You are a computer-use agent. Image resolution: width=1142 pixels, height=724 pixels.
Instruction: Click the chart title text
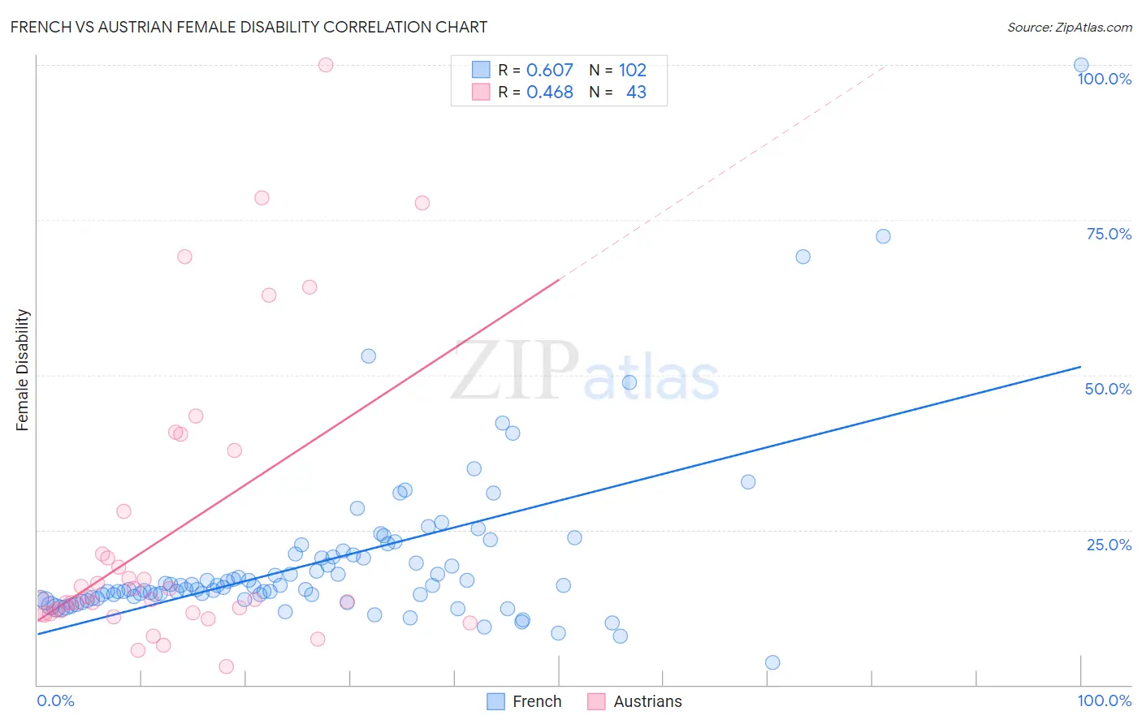[249, 27]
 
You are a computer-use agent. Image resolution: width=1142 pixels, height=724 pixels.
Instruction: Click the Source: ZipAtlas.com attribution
[1069, 27]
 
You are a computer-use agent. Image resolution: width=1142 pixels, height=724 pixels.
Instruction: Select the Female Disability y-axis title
[23, 369]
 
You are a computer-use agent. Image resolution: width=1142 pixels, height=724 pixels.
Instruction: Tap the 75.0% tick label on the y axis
[1109, 234]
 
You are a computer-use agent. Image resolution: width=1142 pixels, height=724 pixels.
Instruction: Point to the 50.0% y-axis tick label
[1108, 389]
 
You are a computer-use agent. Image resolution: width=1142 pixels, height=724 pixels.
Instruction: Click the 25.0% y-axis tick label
[1109, 544]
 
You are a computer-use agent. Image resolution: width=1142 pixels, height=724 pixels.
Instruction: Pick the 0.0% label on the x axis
[55, 700]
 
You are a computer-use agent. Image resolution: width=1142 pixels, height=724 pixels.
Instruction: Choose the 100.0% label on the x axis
[1104, 700]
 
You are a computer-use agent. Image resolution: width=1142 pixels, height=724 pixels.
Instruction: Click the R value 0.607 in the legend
[549, 71]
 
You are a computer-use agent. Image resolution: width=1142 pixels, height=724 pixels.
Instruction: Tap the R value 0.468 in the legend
[549, 93]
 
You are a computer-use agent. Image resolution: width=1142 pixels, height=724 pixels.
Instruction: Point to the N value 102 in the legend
[632, 71]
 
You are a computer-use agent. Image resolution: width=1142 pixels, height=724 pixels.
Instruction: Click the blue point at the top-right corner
[1080, 65]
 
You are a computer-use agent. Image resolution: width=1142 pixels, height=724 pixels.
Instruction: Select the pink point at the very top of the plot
[326, 65]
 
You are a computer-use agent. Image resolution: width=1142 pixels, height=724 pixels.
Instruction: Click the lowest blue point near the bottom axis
[772, 662]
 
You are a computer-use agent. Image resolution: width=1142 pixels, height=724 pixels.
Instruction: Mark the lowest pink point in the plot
[227, 666]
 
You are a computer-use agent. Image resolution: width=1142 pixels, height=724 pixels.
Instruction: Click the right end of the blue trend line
[1080, 367]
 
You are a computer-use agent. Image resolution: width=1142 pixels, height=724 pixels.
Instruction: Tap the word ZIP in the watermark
[515, 373]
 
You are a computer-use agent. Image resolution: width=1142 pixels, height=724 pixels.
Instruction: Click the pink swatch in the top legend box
[481, 93]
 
